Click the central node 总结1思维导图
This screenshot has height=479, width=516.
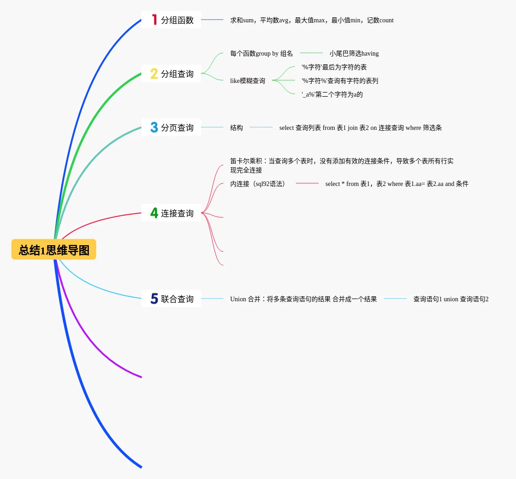[54, 250]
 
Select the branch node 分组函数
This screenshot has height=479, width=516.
[177, 20]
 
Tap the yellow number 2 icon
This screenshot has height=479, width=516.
[154, 74]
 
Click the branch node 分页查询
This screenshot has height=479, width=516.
[177, 128]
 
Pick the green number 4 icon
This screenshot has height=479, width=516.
[154, 213]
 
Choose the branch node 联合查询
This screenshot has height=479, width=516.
[177, 299]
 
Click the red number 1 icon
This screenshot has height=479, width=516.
[154, 20]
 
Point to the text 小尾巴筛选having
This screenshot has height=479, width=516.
[354, 53]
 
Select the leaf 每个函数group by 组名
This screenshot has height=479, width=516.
[262, 53]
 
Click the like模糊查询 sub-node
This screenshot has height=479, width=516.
[248, 81]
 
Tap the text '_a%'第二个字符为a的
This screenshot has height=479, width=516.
[332, 94]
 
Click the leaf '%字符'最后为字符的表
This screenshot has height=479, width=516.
[334, 67]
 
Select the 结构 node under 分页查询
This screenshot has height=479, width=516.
[237, 128]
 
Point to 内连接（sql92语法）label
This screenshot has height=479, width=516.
[258, 184]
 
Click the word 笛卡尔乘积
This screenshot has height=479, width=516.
[246, 161]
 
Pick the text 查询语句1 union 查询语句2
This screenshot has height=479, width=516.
[451, 299]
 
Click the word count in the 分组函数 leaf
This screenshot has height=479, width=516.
[386, 20]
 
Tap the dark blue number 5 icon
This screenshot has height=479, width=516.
[154, 299]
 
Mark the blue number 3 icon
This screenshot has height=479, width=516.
[154, 127]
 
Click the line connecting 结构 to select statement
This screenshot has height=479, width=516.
[261, 127]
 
